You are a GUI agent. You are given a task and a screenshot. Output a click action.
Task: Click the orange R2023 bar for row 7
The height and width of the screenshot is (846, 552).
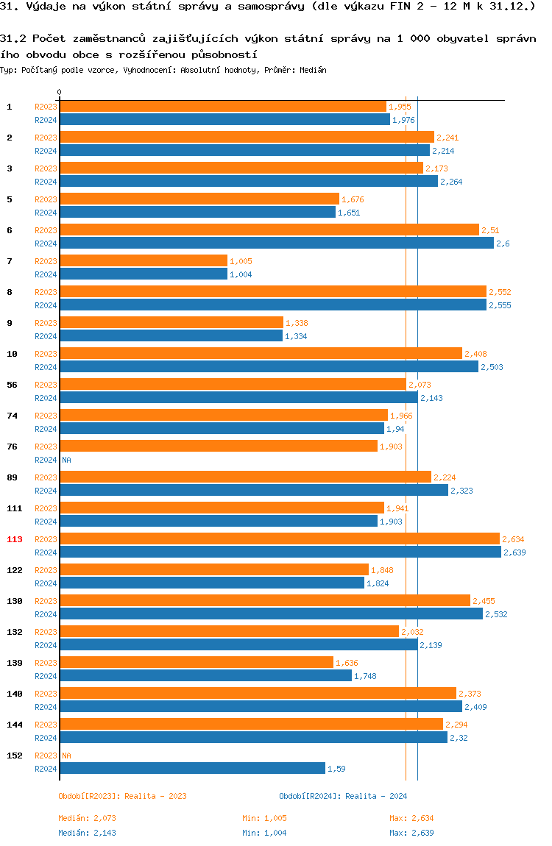click(144, 261)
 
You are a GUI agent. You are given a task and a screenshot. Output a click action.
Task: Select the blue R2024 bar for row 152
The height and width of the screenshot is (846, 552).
click(192, 768)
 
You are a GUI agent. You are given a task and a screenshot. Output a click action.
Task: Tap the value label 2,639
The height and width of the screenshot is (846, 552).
click(514, 552)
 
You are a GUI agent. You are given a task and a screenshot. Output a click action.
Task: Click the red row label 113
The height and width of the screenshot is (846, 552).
click(15, 539)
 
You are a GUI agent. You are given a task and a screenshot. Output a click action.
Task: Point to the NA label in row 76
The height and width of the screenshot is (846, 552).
click(66, 460)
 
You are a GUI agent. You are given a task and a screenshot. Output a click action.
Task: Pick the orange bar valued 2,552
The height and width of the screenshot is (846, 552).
click(273, 292)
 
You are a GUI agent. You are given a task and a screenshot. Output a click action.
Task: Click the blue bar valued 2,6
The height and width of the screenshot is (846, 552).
click(277, 243)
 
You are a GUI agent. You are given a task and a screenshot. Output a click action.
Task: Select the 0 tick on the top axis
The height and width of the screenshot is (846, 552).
click(59, 93)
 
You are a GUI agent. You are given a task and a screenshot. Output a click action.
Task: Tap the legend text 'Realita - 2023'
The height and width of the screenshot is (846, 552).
click(155, 796)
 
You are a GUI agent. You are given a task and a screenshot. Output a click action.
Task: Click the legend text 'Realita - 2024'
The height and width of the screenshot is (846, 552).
click(376, 796)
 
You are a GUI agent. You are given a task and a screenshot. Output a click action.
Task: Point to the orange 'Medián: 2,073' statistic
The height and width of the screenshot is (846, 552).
click(88, 818)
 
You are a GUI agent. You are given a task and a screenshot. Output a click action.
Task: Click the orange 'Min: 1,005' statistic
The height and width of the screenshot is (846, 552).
click(264, 818)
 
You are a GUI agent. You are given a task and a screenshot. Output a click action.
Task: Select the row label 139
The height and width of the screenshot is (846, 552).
click(15, 663)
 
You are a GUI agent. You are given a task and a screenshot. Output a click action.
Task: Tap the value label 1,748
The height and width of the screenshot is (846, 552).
click(366, 676)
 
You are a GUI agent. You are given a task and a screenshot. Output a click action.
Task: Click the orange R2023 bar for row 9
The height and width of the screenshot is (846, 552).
click(171, 323)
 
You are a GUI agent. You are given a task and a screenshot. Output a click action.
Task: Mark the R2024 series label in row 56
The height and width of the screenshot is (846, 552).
click(46, 398)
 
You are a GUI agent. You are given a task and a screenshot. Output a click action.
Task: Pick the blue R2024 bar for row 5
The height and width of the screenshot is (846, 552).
click(197, 212)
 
